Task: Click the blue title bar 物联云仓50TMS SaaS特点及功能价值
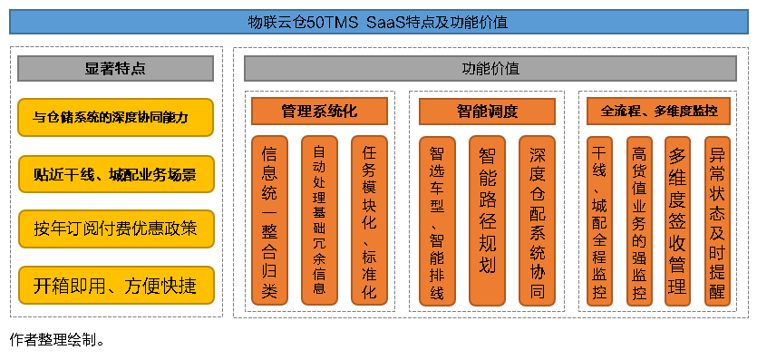pos(378,21)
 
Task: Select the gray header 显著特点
pos(116,69)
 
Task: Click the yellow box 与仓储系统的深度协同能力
pos(116,117)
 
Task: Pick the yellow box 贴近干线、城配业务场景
pos(116,173)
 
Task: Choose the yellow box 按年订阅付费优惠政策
pos(116,229)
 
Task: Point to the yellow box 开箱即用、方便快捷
pos(116,285)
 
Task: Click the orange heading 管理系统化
pos(319,112)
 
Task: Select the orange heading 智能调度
pos(487,112)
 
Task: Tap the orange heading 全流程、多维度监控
pos(659,112)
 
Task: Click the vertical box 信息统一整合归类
pos(269,220)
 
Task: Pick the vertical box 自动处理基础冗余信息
pos(319,220)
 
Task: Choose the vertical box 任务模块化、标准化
pos(369,220)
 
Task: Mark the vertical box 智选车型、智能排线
pos(437,220)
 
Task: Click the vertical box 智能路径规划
pos(487,220)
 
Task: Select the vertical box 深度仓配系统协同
pos(537,220)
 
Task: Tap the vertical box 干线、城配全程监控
pos(599,220)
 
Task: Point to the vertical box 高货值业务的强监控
pos(639,220)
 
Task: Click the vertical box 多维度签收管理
pos(678,220)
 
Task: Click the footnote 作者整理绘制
pos(58,342)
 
